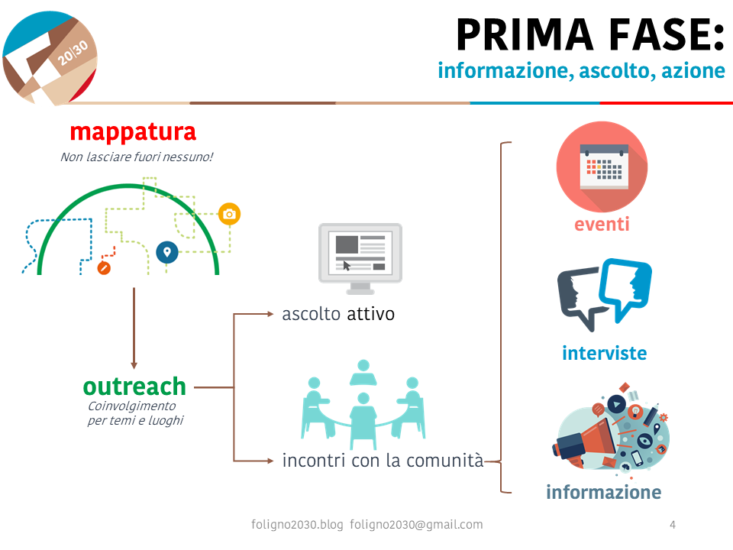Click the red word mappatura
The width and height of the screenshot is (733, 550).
click(133, 132)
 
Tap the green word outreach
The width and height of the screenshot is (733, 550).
click(134, 386)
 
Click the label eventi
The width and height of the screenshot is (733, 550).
click(602, 225)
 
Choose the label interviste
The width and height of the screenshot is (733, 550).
click(604, 354)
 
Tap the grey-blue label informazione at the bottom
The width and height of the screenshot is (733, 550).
click(603, 492)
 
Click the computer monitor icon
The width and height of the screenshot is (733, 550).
click(360, 257)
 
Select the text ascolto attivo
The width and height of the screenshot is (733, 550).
click(338, 314)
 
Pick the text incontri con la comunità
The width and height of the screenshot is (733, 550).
click(383, 461)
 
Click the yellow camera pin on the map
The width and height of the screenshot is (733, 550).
click(229, 214)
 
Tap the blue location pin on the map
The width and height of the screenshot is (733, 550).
click(166, 251)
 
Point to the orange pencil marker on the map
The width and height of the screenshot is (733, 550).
click(105, 267)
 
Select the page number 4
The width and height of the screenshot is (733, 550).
click(672, 525)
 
